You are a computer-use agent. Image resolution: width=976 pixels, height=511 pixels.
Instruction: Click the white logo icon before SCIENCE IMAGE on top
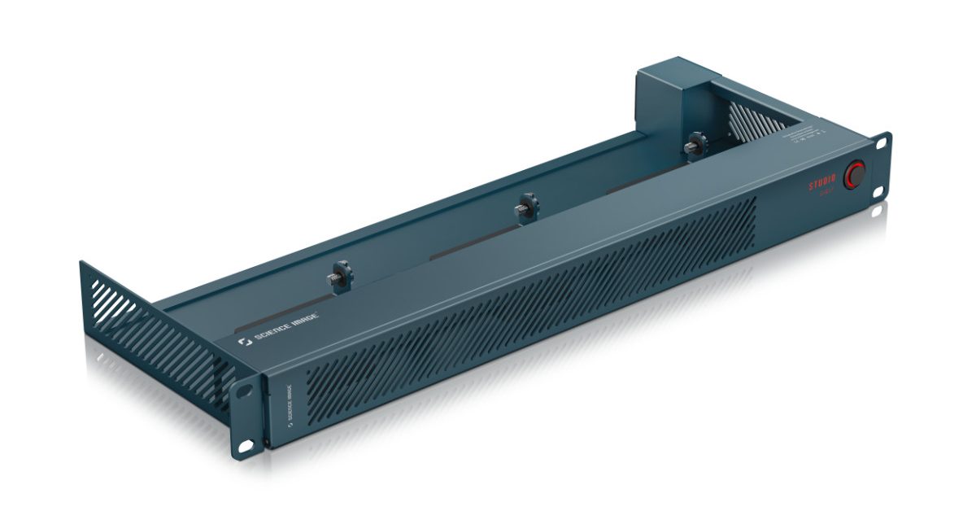242,344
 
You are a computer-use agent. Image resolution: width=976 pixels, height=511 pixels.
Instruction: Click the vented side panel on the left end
155,325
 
